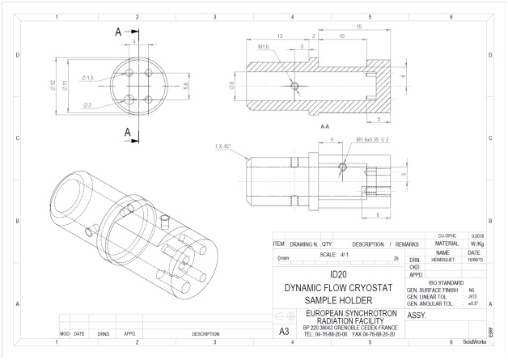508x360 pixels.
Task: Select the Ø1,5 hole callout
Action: click(x=88, y=76)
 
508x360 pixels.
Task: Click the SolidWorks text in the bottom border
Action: click(x=475, y=342)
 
